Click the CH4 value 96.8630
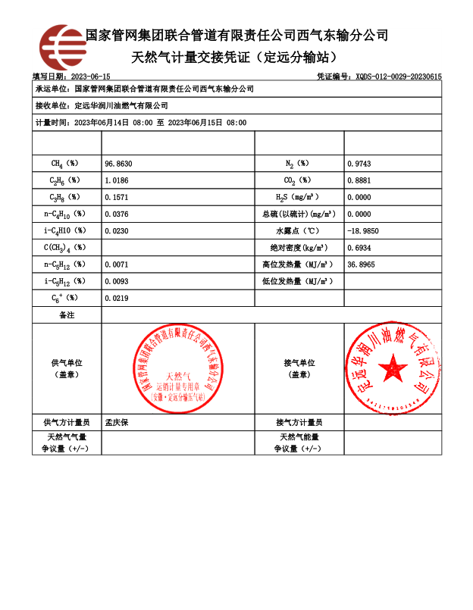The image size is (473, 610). [118, 164]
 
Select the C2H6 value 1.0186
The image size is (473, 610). [117, 180]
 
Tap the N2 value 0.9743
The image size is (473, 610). [359, 164]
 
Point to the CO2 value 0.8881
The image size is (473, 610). [359, 180]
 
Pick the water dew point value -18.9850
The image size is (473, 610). [362, 230]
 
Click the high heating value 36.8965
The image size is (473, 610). [361, 264]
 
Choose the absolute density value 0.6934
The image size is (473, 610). [359, 248]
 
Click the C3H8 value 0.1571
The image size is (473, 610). [117, 197]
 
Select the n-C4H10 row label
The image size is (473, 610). [65, 214]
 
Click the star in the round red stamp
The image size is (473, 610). [393, 368]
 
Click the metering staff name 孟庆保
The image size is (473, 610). [117, 422]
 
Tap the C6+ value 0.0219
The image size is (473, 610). [117, 299]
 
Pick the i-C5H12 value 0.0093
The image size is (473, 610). [117, 281]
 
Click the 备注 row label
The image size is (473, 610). [67, 314]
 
